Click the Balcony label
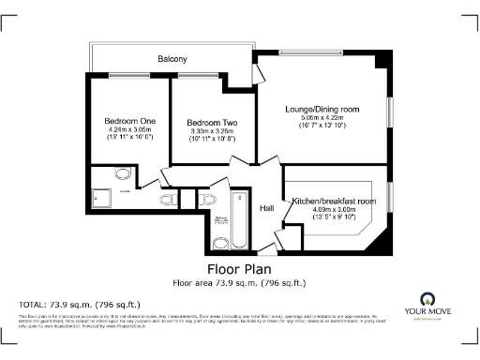[x=172, y=59]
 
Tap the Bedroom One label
[x=129, y=121]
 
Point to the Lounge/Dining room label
[x=322, y=109]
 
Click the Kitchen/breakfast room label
[x=334, y=202]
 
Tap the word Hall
[x=267, y=208]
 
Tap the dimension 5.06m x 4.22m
[x=322, y=117]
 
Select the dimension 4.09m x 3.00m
[x=334, y=210]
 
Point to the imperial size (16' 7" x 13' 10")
[x=322, y=125]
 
